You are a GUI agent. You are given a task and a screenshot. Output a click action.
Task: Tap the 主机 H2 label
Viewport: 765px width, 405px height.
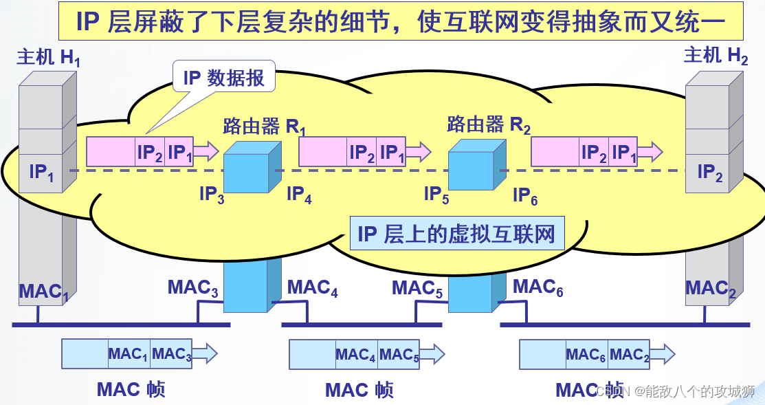[x=716, y=55]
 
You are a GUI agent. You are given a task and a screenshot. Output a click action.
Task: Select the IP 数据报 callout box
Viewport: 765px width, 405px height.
[x=224, y=78]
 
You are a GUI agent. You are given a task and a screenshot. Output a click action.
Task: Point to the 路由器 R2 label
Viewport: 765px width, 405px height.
[x=489, y=124]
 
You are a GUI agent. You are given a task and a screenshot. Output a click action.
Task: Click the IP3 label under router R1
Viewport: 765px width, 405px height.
[x=212, y=195]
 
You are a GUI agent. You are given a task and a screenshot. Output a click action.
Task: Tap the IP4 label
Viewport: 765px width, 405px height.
[x=299, y=195]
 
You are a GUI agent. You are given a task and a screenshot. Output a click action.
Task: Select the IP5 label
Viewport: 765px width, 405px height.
[x=436, y=195]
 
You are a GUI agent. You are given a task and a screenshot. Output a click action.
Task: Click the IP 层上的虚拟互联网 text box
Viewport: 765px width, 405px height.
[x=456, y=234]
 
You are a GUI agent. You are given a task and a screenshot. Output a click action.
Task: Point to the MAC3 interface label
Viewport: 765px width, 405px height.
[x=193, y=287]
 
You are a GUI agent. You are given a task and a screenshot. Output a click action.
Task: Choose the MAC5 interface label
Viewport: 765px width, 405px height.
[x=417, y=288]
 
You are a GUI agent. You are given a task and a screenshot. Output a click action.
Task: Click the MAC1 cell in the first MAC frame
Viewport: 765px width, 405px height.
[x=129, y=355]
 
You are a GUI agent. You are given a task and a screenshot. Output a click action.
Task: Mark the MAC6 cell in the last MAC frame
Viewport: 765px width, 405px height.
[x=586, y=355]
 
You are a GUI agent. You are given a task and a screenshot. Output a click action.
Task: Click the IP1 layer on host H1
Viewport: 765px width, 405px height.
[x=42, y=172]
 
